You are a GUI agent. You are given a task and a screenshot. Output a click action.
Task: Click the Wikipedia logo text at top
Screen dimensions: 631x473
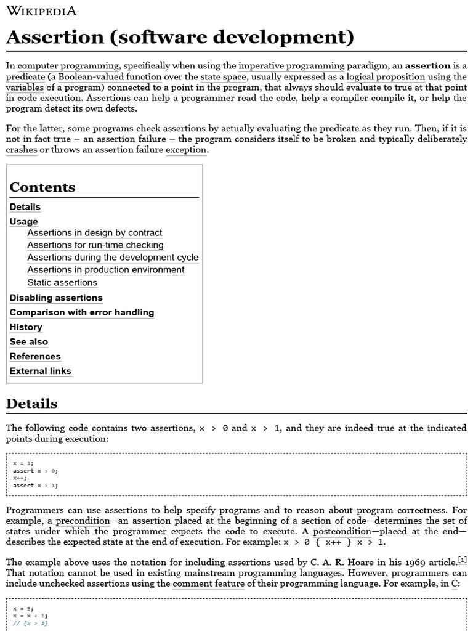[41, 11]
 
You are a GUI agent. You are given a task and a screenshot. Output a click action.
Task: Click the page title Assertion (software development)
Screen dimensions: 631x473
[180, 38]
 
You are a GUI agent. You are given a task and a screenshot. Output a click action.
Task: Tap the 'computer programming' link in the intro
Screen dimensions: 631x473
[68, 65]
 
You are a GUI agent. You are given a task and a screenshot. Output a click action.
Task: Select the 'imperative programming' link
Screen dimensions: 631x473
[291, 65]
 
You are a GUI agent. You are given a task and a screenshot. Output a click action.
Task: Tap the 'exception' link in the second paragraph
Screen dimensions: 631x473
[186, 150]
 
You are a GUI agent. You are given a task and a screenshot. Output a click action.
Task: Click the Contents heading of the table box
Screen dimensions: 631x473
[42, 187]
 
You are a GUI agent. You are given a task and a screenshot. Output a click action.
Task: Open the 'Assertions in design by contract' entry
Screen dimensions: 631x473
[94, 233]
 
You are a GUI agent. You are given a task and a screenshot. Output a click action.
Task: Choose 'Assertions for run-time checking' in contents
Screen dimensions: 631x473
[95, 245]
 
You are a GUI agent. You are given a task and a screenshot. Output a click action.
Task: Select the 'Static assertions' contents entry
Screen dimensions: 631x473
[62, 282]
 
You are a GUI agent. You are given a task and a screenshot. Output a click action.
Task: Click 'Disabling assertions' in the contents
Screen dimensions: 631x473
[56, 298]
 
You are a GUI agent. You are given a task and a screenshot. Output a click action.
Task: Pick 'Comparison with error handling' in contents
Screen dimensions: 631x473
[81, 312]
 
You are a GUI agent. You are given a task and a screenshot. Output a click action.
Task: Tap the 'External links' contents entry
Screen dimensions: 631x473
[40, 371]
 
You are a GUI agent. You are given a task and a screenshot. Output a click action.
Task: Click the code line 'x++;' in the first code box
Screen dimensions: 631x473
[20, 478]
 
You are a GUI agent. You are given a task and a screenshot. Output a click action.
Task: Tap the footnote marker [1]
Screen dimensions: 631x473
[462, 560]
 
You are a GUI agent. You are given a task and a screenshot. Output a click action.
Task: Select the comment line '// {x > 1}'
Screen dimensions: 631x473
[30, 623]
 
